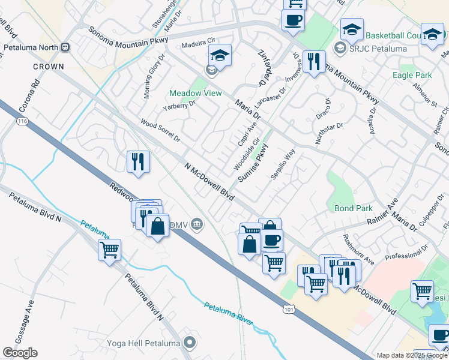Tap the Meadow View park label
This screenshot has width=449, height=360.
(x=195, y=93)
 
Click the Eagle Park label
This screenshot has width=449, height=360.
(x=412, y=75)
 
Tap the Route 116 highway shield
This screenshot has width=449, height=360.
(x=23, y=121)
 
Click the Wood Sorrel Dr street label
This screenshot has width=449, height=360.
(x=160, y=130)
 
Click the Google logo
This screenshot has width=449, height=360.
(x=20, y=353)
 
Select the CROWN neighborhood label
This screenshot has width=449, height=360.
(x=48, y=66)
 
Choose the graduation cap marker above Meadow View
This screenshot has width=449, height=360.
(x=220, y=57)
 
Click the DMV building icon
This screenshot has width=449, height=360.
(x=196, y=225)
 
